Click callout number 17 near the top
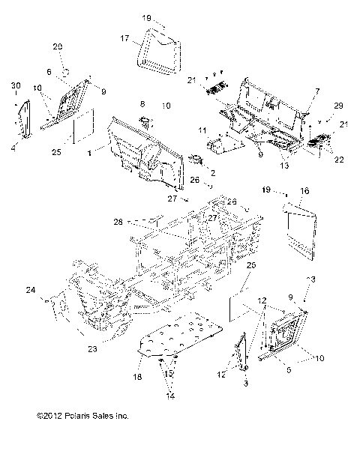coord(125,37)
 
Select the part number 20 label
coord(58,46)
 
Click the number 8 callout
coord(142,103)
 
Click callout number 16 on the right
coord(304,192)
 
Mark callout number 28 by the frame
coord(117,222)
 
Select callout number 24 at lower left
coord(30,290)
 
